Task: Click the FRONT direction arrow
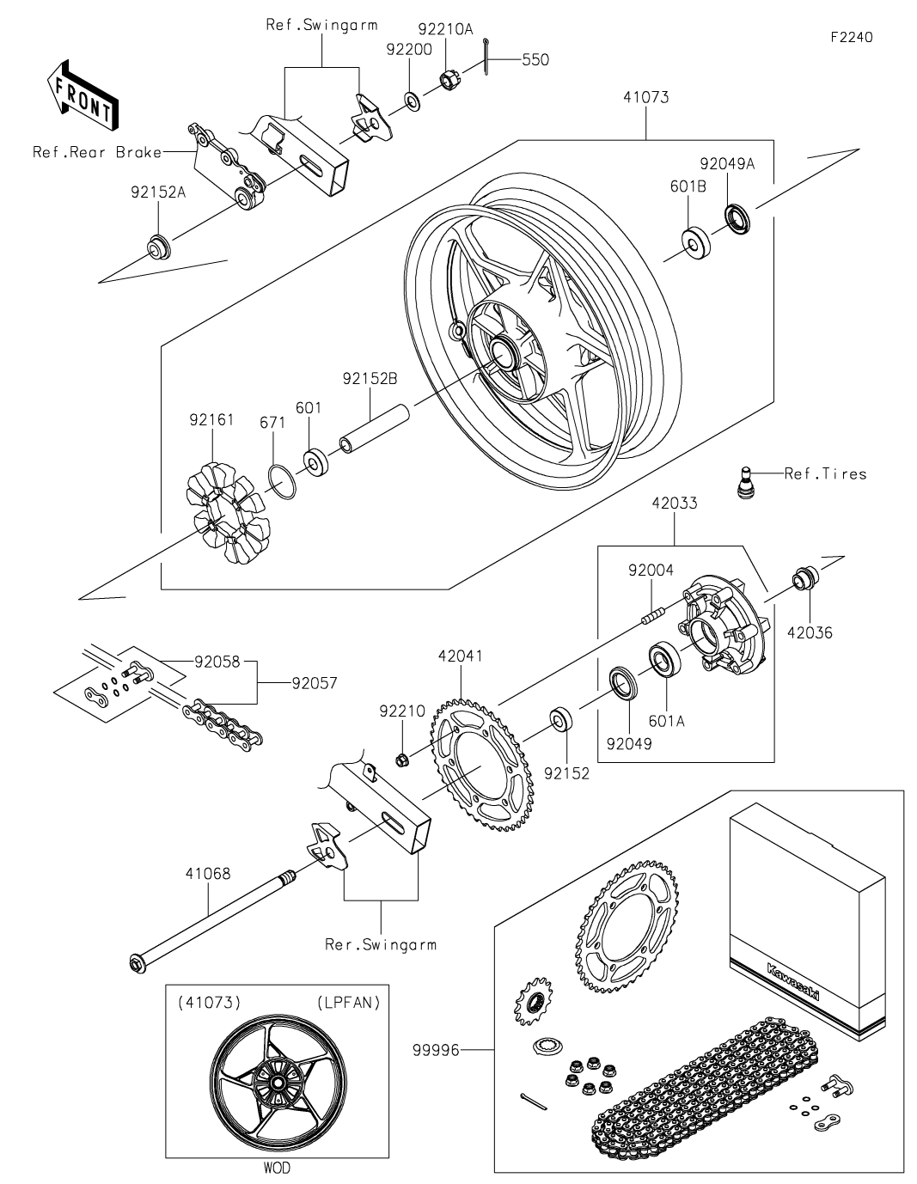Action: pos(82,95)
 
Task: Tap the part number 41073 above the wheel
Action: pos(646,98)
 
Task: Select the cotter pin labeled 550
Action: pos(486,58)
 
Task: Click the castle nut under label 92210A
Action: pos(449,81)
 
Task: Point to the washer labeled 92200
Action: pos(412,101)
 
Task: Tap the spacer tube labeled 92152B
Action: pos(375,428)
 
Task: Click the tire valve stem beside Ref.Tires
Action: pos(747,481)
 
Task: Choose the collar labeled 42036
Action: pos(805,578)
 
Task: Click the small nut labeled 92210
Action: pos(402,759)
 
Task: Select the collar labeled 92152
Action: pos(561,719)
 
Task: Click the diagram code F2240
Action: pos(852,37)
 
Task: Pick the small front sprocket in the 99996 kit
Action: pos(532,1002)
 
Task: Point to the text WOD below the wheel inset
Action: pos(277,1167)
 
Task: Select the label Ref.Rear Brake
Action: pos(97,152)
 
